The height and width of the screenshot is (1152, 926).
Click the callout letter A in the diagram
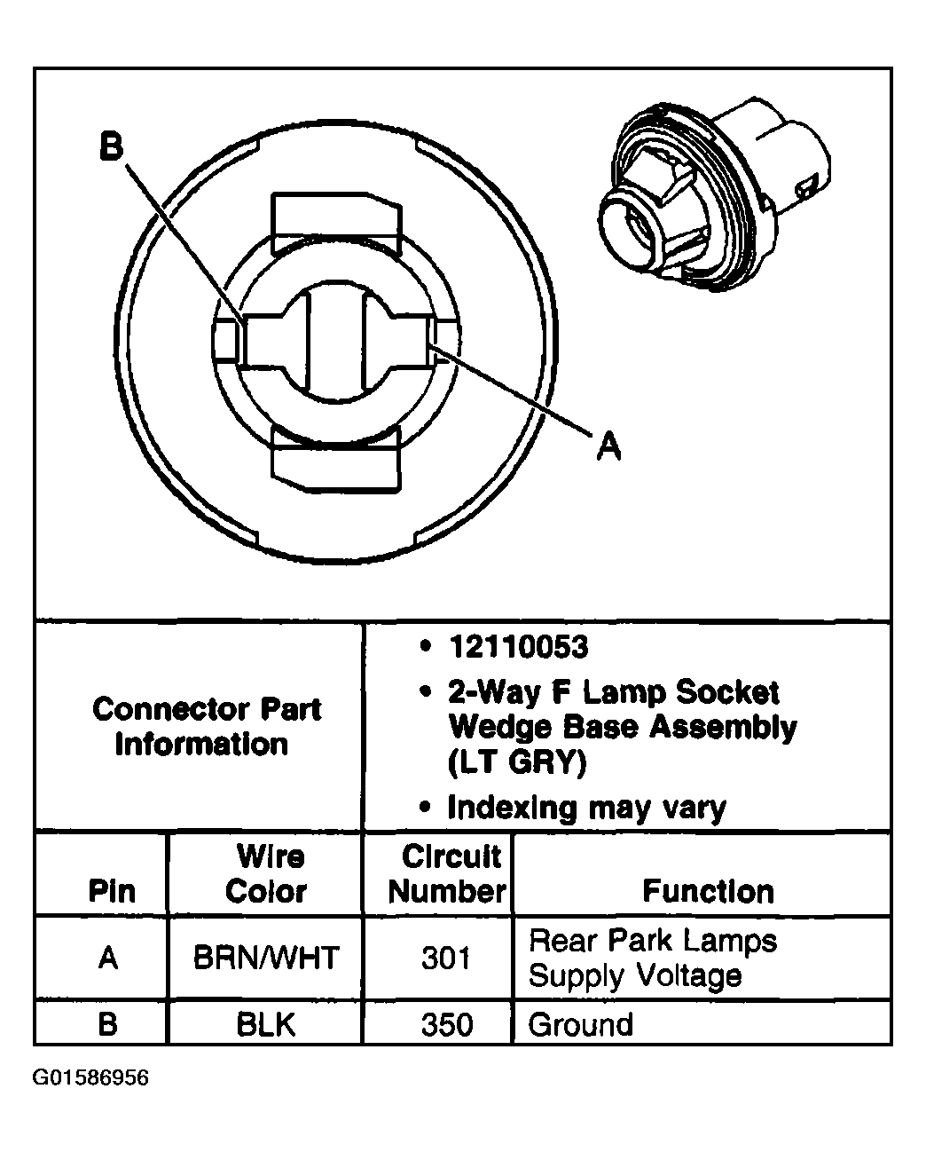pos(608,446)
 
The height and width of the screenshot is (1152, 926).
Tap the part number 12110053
pos(518,647)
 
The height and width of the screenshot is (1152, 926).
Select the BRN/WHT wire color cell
pos(265,958)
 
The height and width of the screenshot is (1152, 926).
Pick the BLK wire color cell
pos(265,1025)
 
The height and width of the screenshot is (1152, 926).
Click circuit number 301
pos(445,959)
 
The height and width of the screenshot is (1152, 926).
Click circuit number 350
pos(446,1025)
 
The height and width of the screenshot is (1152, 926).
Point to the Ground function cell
pos(581,1025)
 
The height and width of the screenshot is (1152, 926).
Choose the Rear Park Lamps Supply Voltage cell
pos(652,959)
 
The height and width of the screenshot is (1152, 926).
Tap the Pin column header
pos(113,891)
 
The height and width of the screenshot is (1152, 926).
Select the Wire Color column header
pos(269,874)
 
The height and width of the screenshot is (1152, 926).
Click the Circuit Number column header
pos(447,874)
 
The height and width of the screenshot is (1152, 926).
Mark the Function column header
pos(708,891)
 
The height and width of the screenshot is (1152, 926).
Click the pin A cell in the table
pos(108,959)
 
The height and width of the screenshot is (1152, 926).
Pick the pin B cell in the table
pos(107,1025)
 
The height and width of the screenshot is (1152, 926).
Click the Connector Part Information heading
pos(206,727)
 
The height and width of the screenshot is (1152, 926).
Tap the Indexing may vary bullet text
pos(586,808)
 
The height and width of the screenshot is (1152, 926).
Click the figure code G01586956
pos(91,1078)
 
